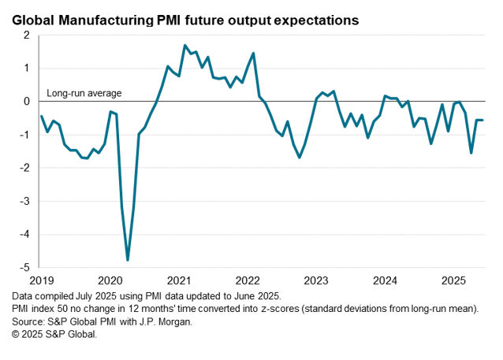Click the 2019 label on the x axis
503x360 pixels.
[x=41, y=280]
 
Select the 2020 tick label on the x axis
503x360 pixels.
[x=110, y=280]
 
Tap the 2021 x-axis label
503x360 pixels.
[x=179, y=280]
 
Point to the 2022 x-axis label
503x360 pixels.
[x=248, y=280]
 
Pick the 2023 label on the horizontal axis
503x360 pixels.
[x=316, y=280]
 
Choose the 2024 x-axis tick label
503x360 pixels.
[x=385, y=280]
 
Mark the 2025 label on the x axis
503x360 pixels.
[x=453, y=280]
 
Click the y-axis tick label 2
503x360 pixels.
[x=27, y=35]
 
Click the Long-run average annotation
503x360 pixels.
[x=84, y=94]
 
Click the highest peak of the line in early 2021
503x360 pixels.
[x=184, y=46]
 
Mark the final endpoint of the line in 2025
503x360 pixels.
[x=483, y=120]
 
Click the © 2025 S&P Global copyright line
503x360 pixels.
[x=54, y=335]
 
